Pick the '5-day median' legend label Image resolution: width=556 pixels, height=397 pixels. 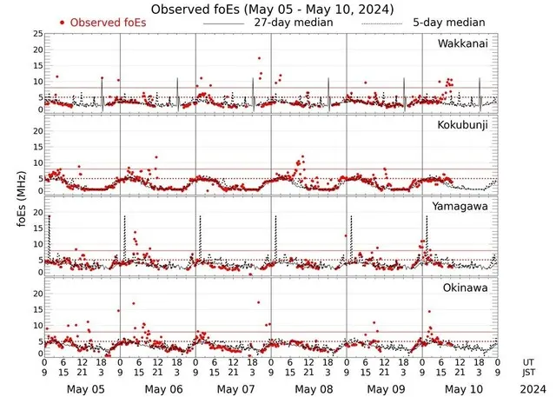(x=449, y=22)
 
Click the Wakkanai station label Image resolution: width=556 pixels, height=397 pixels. (x=468, y=43)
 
